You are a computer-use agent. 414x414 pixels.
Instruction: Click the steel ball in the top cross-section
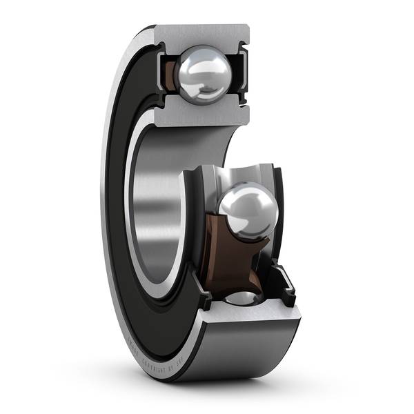pyautogui.click(x=202, y=74)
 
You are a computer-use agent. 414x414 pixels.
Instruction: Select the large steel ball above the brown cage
pyautogui.click(x=248, y=211)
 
